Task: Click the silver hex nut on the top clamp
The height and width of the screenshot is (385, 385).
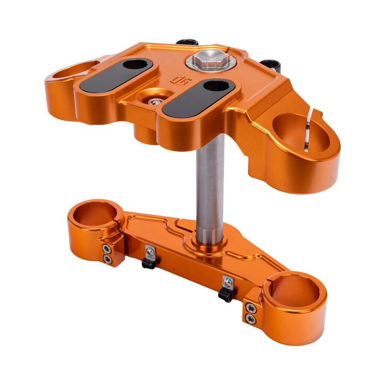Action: (x=208, y=60)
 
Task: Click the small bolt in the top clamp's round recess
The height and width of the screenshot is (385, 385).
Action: (x=156, y=102)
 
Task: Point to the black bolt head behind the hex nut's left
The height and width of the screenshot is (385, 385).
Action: (x=187, y=42)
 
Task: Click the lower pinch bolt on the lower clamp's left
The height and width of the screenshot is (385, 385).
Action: (x=108, y=259)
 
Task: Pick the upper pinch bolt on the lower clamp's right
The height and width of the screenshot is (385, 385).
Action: (x=251, y=308)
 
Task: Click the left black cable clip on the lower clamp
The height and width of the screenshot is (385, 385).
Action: (x=149, y=263)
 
